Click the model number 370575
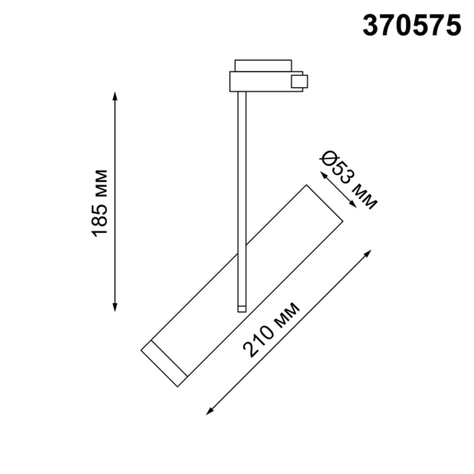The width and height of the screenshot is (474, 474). [411, 26]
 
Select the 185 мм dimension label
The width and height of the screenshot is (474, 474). [100, 203]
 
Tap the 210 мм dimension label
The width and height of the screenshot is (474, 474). [271, 330]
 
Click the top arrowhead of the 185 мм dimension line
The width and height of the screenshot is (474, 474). [115, 96]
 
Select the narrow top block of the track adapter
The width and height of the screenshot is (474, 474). [263, 65]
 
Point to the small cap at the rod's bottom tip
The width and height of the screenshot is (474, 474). [241, 309]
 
